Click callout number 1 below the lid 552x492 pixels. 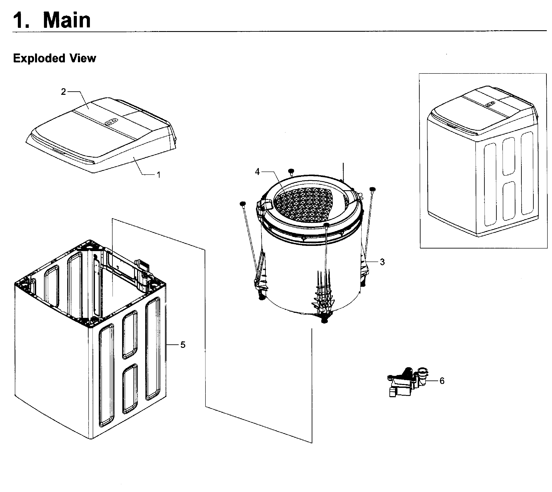pyautogui.click(x=159, y=175)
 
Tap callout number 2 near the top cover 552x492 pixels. pyautogui.click(x=63, y=92)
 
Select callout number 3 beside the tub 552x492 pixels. pyautogui.click(x=382, y=262)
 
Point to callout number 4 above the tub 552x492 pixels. pyautogui.click(x=257, y=172)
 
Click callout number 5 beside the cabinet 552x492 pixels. pyautogui.click(x=183, y=345)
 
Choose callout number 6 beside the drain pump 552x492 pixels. pyautogui.click(x=442, y=381)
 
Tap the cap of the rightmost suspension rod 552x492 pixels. pyautogui.click(x=373, y=189)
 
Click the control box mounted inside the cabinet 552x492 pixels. pyautogui.click(x=142, y=273)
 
